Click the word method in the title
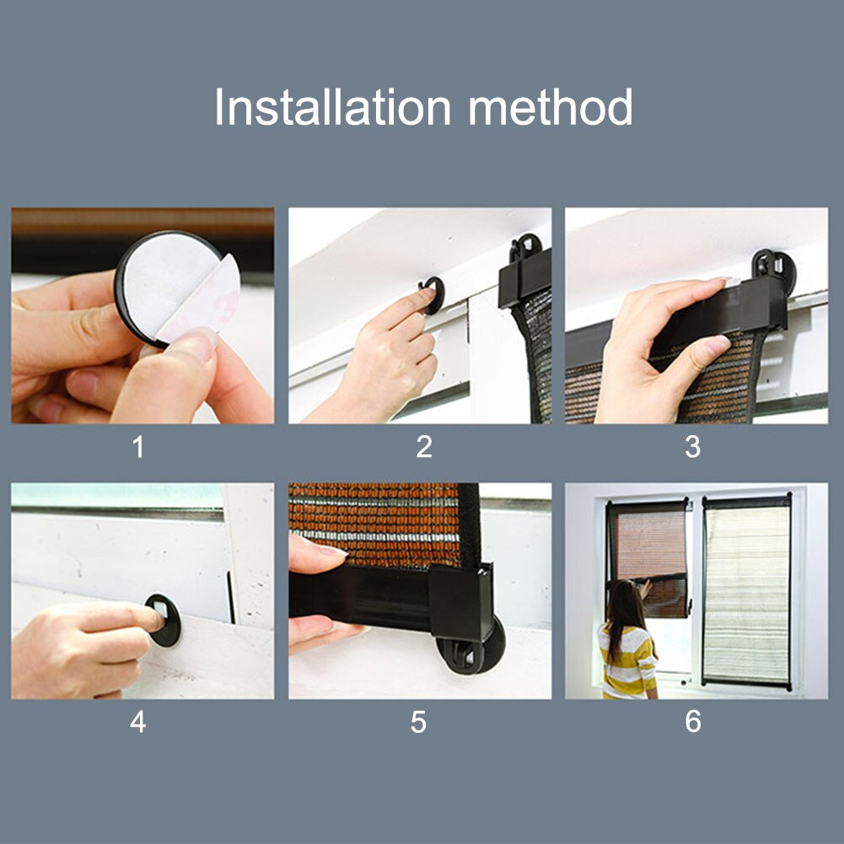pos(550,108)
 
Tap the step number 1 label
pos(138,447)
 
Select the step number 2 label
pos(424,447)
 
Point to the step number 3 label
pos(692,447)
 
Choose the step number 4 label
pos(138,723)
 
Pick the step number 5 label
pos(419,723)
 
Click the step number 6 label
pos(692,723)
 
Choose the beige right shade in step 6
pos(747,590)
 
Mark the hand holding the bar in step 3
pos(658,346)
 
